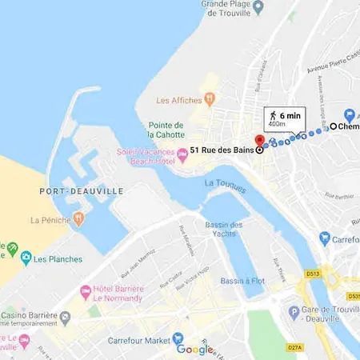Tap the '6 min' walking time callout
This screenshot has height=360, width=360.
284,119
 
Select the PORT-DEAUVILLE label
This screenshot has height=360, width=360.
70,191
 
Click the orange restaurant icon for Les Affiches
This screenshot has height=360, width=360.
210,99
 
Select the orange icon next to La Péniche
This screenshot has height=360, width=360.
78,218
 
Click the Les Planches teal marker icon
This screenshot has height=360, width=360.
26,258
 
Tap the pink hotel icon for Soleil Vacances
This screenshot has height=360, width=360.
182,155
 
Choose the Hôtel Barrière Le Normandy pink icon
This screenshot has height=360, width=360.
86,294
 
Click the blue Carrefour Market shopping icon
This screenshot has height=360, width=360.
178,338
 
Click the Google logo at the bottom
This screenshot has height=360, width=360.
196,349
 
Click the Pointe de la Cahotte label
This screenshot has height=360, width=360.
166,130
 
